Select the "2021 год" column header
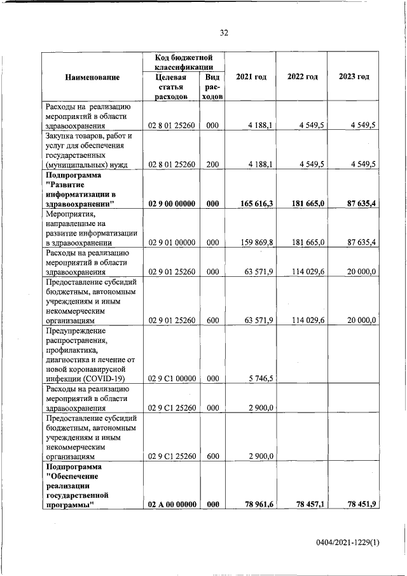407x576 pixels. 251,77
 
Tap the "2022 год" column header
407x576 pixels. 302,77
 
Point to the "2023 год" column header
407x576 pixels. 354,77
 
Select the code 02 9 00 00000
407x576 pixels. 171,204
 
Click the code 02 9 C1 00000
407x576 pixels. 171,379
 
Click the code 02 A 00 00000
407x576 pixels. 171,504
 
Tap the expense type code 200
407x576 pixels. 212,165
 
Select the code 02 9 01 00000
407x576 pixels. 171,242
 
